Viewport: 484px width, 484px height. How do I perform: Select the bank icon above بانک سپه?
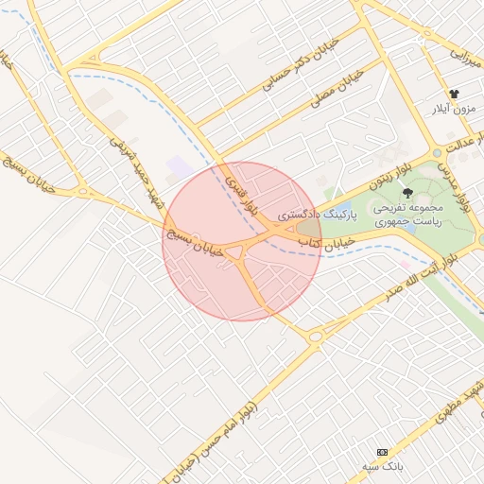(x=382, y=452)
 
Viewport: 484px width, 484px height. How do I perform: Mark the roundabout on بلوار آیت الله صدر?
(x=315, y=335)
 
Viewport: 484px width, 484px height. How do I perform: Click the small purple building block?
(x=179, y=169)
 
